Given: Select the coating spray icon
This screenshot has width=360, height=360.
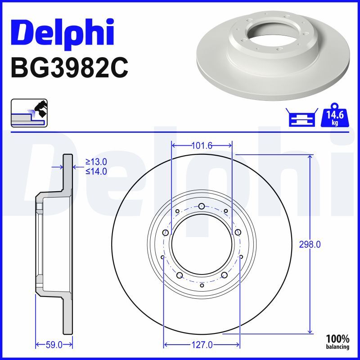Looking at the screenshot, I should pyautogui.click(x=29, y=112).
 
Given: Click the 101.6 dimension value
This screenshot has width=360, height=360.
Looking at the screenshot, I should pyautogui.click(x=201, y=145).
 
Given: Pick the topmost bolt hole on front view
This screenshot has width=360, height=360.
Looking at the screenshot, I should pyautogui.click(x=201, y=207).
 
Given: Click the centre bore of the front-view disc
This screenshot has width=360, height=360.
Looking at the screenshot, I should pyautogui.click(x=201, y=245).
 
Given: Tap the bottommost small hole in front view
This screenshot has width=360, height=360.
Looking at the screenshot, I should pyautogui.click(x=202, y=285).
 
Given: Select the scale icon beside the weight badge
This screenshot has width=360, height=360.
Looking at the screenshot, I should pyautogui.click(x=301, y=118).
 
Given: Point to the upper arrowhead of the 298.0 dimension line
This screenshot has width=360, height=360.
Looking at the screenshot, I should pyautogui.click(x=310, y=157).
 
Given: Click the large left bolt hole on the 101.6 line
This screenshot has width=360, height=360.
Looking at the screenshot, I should pyautogui.click(x=166, y=233).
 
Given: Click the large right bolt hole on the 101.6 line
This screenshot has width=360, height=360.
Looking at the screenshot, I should pyautogui.click(x=237, y=233).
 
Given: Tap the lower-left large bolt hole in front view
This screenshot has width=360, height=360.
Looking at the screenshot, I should pyautogui.click(x=180, y=275).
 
